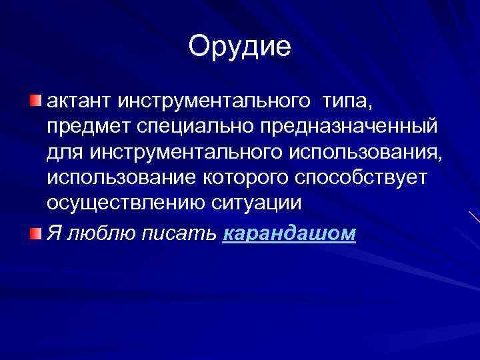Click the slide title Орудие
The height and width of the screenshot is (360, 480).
click(x=240, y=47)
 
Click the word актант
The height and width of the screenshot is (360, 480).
click(x=79, y=102)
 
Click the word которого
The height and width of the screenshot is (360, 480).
click(x=231, y=178)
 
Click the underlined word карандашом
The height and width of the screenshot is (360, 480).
click(x=289, y=235)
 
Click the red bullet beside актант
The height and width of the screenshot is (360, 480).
click(x=35, y=101)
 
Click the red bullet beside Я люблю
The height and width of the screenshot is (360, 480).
click(x=35, y=233)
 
